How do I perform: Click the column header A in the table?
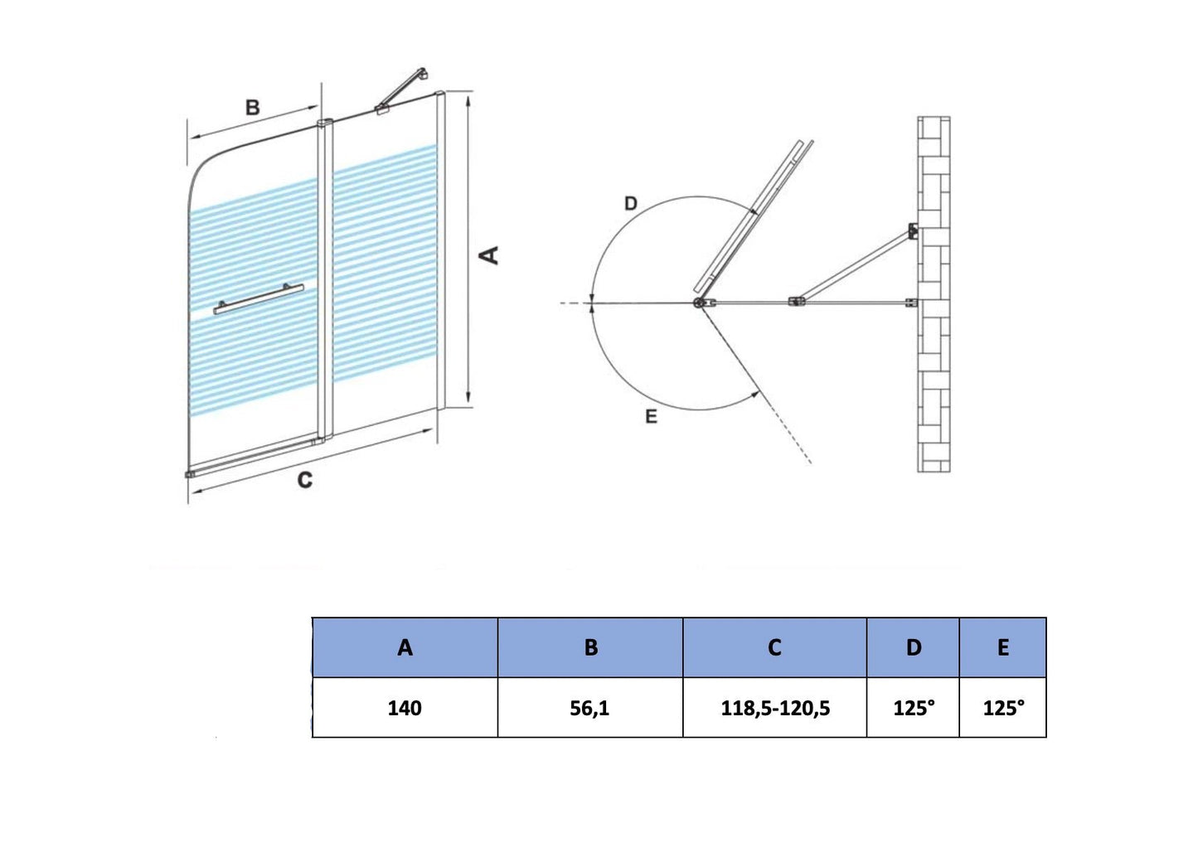[x=405, y=647]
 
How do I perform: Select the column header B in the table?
[x=590, y=647]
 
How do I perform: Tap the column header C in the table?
[x=774, y=647]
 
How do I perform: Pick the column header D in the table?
[x=913, y=647]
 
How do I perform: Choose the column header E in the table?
[x=1002, y=647]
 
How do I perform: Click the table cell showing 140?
[x=405, y=708]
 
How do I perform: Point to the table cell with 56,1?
[x=589, y=708]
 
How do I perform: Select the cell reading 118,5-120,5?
[x=775, y=708]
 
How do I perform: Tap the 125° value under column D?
[x=913, y=708]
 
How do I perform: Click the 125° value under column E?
[x=1003, y=708]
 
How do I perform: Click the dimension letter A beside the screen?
[x=491, y=254]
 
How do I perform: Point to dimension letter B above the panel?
[x=252, y=108]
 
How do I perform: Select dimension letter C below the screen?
[x=304, y=481]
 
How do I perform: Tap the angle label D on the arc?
[x=631, y=204]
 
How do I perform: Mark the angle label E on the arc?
[x=651, y=417]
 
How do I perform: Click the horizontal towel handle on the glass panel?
[x=258, y=299]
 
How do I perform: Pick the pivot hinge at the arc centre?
[x=701, y=303]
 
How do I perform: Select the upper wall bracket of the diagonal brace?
[x=912, y=231]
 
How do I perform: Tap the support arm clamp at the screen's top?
[x=384, y=108]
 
